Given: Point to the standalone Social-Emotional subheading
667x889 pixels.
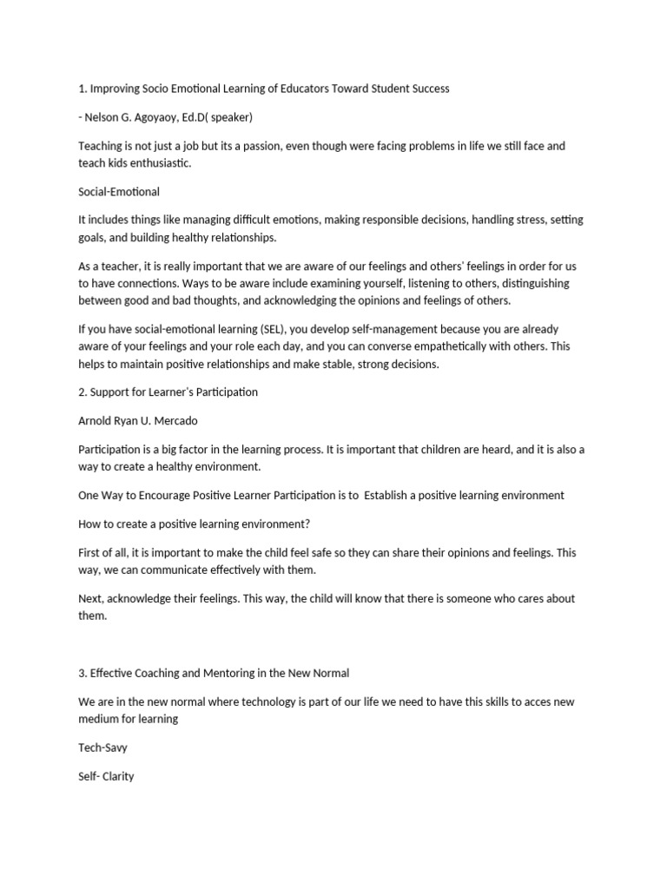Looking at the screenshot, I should click(x=118, y=191).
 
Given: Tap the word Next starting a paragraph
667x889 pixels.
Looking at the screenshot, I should click(x=90, y=598).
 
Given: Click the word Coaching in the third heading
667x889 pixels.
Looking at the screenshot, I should click(x=162, y=673).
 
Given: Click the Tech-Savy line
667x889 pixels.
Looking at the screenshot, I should click(x=103, y=747).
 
